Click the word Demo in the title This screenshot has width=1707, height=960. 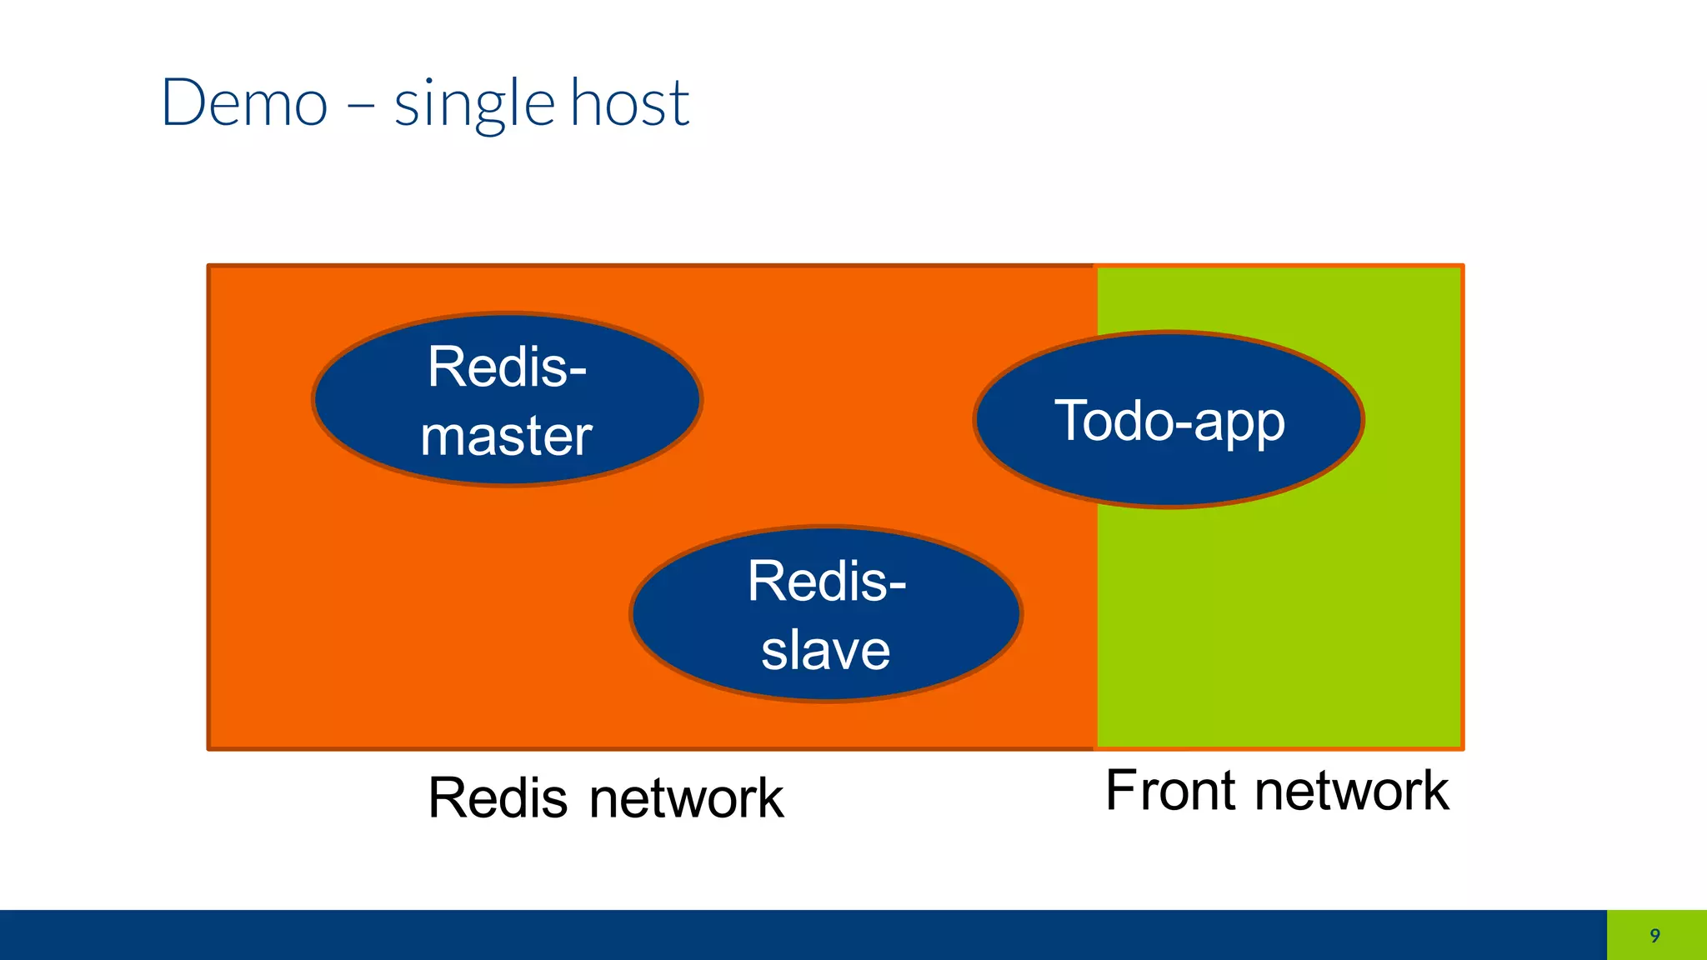pyautogui.click(x=244, y=103)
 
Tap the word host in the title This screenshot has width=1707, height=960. pyautogui.click(x=630, y=103)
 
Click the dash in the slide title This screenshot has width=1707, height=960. pyautogui.click(x=360, y=107)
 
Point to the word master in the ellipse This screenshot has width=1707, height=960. pyautogui.click(x=506, y=436)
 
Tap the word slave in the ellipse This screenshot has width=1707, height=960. pyautogui.click(x=825, y=650)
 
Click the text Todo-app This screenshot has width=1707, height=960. pyautogui.click(x=1169, y=421)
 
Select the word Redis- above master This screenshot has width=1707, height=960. pyautogui.click(x=507, y=367)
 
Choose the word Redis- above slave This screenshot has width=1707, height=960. pyautogui.click(x=826, y=581)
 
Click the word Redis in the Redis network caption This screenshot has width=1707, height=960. pyautogui.click(x=498, y=798)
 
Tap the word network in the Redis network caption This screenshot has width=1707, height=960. pyautogui.click(x=686, y=798)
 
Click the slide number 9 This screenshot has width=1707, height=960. pyautogui.click(x=1655, y=935)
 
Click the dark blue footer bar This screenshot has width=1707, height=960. pyautogui.click(x=800, y=935)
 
